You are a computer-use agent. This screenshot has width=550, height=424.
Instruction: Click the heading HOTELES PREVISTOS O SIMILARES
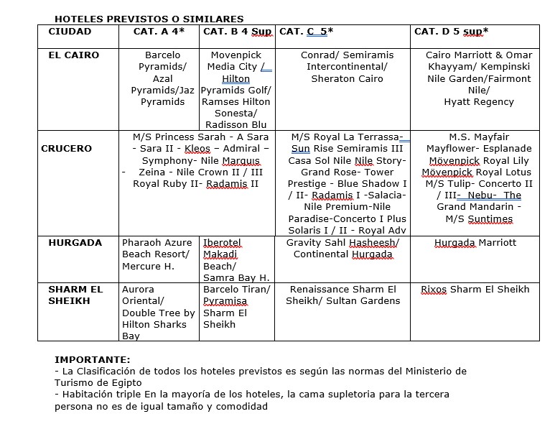click(x=149, y=19)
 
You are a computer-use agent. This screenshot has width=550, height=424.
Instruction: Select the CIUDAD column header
click(x=70, y=32)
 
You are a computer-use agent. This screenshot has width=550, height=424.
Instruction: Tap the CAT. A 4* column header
click(x=159, y=32)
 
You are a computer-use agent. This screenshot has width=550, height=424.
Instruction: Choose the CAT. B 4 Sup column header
click(x=237, y=32)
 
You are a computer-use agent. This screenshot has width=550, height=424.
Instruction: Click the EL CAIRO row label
click(x=74, y=55)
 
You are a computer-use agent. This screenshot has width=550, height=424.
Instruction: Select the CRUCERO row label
click(x=67, y=148)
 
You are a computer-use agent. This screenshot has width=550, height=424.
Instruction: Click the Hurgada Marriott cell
click(x=475, y=242)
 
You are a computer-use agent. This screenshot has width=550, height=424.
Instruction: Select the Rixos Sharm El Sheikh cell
click(x=475, y=289)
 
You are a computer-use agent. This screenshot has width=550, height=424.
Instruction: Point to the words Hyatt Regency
click(x=479, y=102)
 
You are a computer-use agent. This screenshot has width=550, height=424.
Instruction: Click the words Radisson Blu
click(x=236, y=125)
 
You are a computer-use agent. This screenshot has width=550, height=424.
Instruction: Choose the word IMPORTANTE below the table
click(x=93, y=359)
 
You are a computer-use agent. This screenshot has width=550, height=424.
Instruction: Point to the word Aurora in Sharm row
click(x=139, y=289)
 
